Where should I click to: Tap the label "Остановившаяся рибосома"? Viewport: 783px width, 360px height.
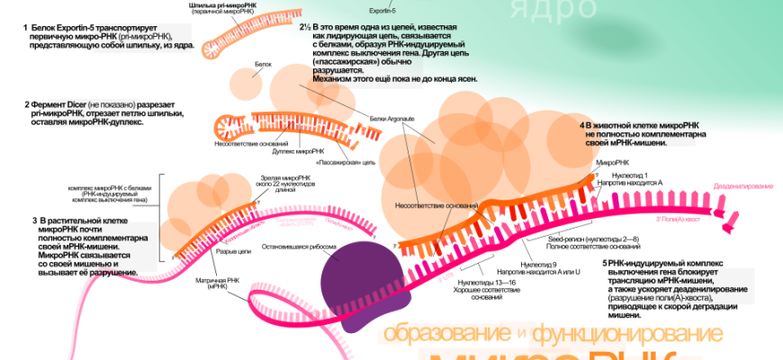(x=300, y=246)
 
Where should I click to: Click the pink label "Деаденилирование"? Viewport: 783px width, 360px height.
(x=743, y=185)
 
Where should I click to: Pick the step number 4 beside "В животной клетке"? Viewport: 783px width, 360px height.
(x=582, y=124)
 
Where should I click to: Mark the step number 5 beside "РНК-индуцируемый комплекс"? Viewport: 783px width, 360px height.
(x=605, y=263)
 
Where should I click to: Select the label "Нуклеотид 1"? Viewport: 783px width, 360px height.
(x=630, y=174)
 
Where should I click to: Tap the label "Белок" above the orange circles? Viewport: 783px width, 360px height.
(x=263, y=65)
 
